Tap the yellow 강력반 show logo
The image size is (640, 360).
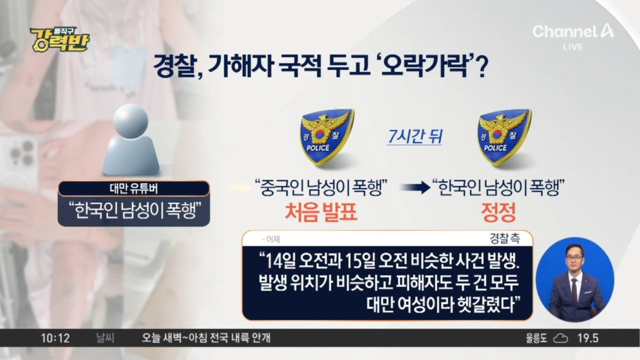click(x=60, y=40)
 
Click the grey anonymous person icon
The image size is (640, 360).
click(x=131, y=139)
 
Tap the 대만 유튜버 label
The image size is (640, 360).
click(x=133, y=189)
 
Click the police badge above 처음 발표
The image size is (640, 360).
click(x=327, y=137)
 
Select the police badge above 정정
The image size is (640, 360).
click(x=504, y=137)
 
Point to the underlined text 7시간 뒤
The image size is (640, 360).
click(x=415, y=136)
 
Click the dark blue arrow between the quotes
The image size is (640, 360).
click(x=415, y=187)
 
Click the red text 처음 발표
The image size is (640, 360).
click(x=321, y=212)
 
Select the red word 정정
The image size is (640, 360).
click(x=498, y=212)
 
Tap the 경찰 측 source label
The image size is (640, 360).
click(x=504, y=238)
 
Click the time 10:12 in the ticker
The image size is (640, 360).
click(x=55, y=338)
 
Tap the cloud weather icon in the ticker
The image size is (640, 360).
click(x=560, y=338)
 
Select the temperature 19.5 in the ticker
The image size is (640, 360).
click(x=587, y=338)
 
